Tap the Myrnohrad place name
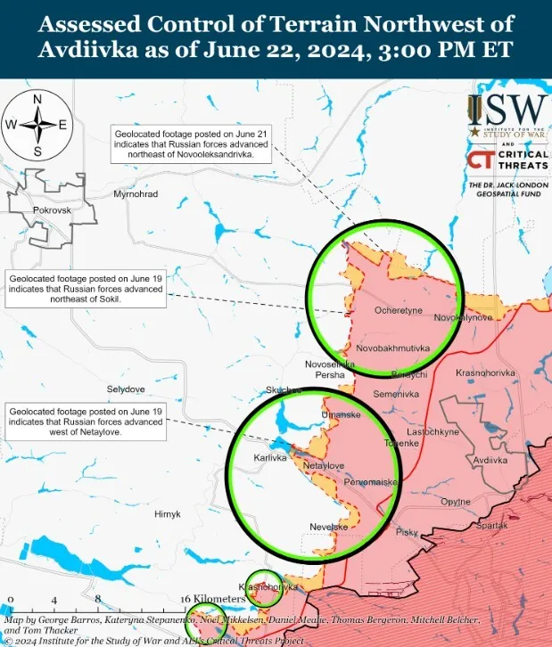pyautogui.click(x=136, y=193)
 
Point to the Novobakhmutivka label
pyautogui.click(x=393, y=347)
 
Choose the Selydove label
pyautogui.click(x=126, y=389)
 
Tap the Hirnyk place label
pyautogui.click(x=167, y=514)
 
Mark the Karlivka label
pyautogui.click(x=270, y=457)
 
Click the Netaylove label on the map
pyautogui.click(x=323, y=465)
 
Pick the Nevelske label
pyautogui.click(x=328, y=527)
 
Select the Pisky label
pyautogui.click(x=407, y=532)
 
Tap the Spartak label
pyautogui.click(x=491, y=526)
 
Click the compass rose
pyautogui.click(x=37, y=125)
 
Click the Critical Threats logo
pyautogui.click(x=507, y=160)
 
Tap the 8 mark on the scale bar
pyautogui.click(x=97, y=598)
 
